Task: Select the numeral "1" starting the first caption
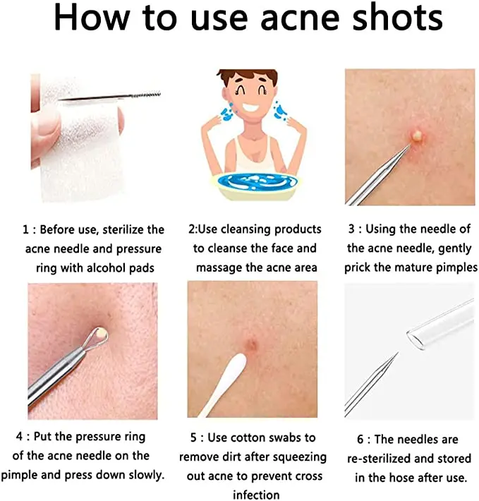tap(25, 229)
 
